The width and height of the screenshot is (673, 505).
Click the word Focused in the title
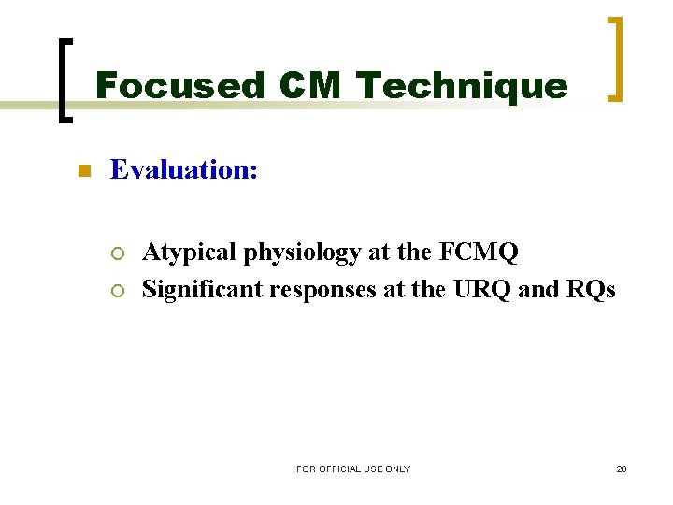166,86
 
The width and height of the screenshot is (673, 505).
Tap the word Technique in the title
462,86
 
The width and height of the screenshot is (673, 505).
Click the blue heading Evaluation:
184,169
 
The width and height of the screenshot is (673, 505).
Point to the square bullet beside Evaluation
82,171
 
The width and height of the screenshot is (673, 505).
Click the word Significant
203,290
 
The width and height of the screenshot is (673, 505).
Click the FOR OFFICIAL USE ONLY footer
353,469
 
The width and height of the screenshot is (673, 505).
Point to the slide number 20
622,469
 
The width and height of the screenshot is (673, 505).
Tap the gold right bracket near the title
615,58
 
